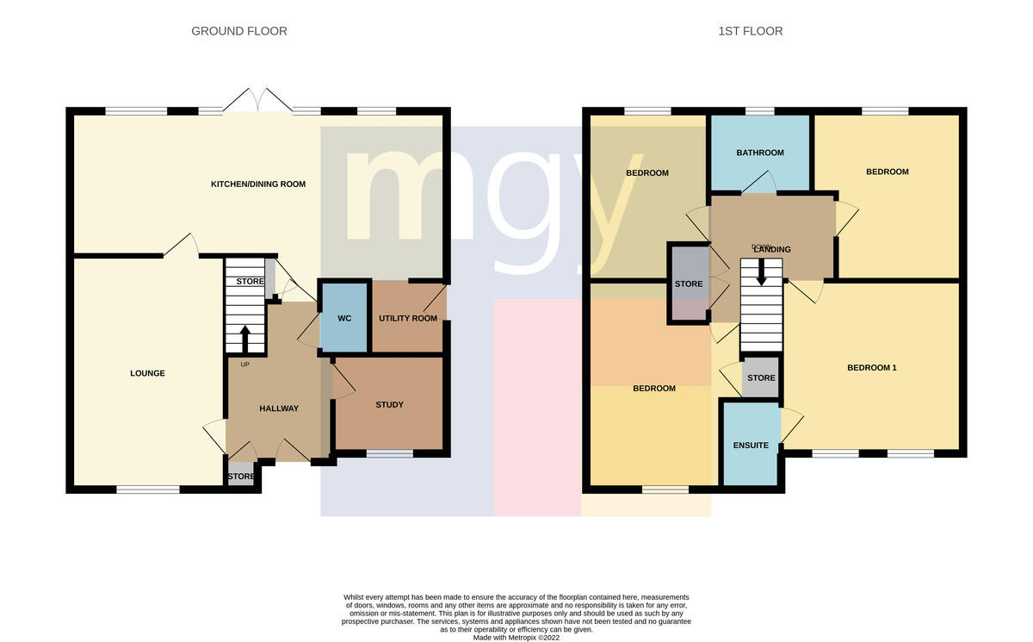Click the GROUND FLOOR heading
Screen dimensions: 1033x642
coord(239,31)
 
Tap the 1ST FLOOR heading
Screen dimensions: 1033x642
coord(750,31)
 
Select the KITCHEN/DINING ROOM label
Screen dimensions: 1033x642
coord(257,184)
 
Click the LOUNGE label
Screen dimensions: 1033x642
coord(147,373)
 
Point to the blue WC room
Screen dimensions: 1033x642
coord(344,317)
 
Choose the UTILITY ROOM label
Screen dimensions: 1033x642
coord(408,318)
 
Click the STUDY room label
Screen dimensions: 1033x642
coord(389,405)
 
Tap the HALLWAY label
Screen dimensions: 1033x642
coord(279,408)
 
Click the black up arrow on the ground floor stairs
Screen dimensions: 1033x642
coord(244,340)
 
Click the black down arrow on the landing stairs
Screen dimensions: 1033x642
coord(761,272)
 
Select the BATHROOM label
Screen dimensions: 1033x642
coord(759,153)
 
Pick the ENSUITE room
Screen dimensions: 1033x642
coord(751,444)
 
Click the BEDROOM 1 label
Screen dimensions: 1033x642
coord(871,368)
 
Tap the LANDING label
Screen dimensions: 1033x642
coord(772,250)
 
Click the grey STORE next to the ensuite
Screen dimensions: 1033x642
coord(760,377)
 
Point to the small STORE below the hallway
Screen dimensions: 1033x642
coord(241,474)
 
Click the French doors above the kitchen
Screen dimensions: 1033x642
coord(257,100)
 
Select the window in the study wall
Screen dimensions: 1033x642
coord(390,453)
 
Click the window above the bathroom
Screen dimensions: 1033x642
coord(759,111)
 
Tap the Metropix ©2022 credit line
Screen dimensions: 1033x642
coord(516,638)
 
